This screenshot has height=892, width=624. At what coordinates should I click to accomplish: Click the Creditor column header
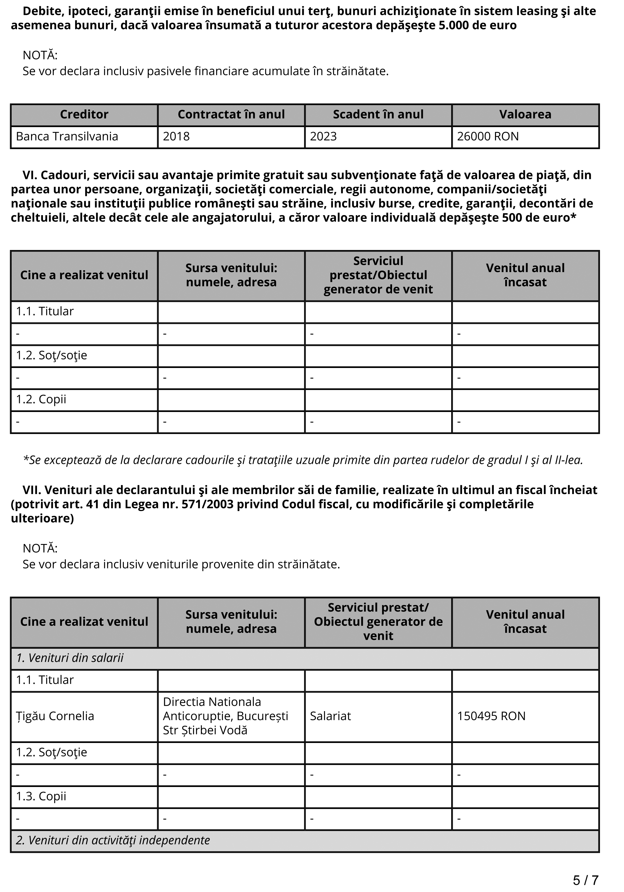pyautogui.click(x=84, y=115)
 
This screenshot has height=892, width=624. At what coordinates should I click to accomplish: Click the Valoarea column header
pyautogui.click(x=525, y=115)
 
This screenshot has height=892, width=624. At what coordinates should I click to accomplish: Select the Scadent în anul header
pyautogui.click(x=378, y=115)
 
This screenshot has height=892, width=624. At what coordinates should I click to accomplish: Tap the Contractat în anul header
pyautogui.click(x=231, y=115)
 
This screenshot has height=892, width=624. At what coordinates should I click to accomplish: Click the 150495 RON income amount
pyautogui.click(x=491, y=716)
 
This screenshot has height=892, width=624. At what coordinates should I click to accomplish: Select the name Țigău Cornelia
pyautogui.click(x=55, y=716)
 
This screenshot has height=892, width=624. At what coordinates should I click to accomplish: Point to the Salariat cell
pyautogui.click(x=330, y=716)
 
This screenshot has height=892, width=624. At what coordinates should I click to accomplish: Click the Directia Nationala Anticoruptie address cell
pyautogui.click(x=225, y=716)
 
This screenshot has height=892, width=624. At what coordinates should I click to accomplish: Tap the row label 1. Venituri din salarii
pyautogui.click(x=70, y=658)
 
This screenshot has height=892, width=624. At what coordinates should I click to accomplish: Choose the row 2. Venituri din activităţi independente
pyautogui.click(x=113, y=840)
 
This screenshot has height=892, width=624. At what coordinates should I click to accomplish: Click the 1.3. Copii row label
pyautogui.click(x=41, y=796)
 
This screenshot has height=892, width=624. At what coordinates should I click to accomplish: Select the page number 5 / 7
pyautogui.click(x=586, y=880)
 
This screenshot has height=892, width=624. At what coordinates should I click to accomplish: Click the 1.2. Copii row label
pyautogui.click(x=41, y=399)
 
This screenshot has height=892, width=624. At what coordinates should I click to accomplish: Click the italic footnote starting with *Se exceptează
pyautogui.click(x=303, y=460)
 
